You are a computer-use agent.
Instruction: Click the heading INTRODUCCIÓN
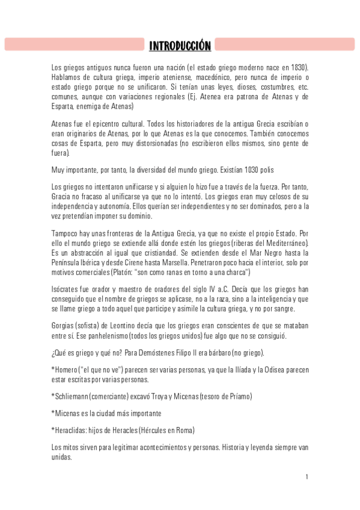[180, 46]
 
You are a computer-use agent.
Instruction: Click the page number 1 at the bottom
[307, 477]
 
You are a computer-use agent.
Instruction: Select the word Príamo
[238, 396]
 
